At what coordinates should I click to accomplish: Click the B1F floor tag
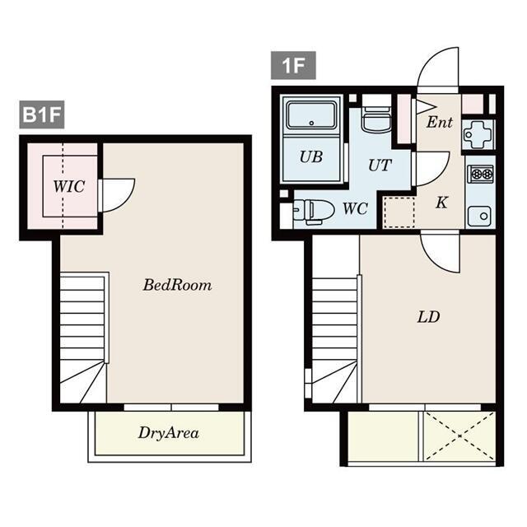click(x=42, y=114)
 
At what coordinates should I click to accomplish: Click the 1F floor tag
click(x=293, y=66)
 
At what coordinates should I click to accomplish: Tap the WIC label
click(x=69, y=187)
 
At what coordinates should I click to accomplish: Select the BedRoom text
click(x=178, y=285)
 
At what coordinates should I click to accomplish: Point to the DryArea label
click(x=169, y=433)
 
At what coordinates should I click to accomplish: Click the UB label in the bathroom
click(x=311, y=157)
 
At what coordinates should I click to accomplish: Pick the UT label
click(x=380, y=165)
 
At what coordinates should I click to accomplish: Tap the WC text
click(x=355, y=208)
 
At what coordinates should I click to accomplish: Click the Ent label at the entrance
click(x=440, y=122)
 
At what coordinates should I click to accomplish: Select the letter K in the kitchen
click(x=441, y=203)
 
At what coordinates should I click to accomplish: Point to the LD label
click(x=428, y=317)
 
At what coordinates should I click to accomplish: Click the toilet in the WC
click(x=315, y=212)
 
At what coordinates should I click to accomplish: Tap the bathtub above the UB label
click(x=311, y=116)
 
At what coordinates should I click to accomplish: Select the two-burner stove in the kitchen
click(x=481, y=174)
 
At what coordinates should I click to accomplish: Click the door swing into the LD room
click(x=440, y=253)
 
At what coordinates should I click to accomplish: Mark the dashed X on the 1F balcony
click(x=459, y=436)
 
